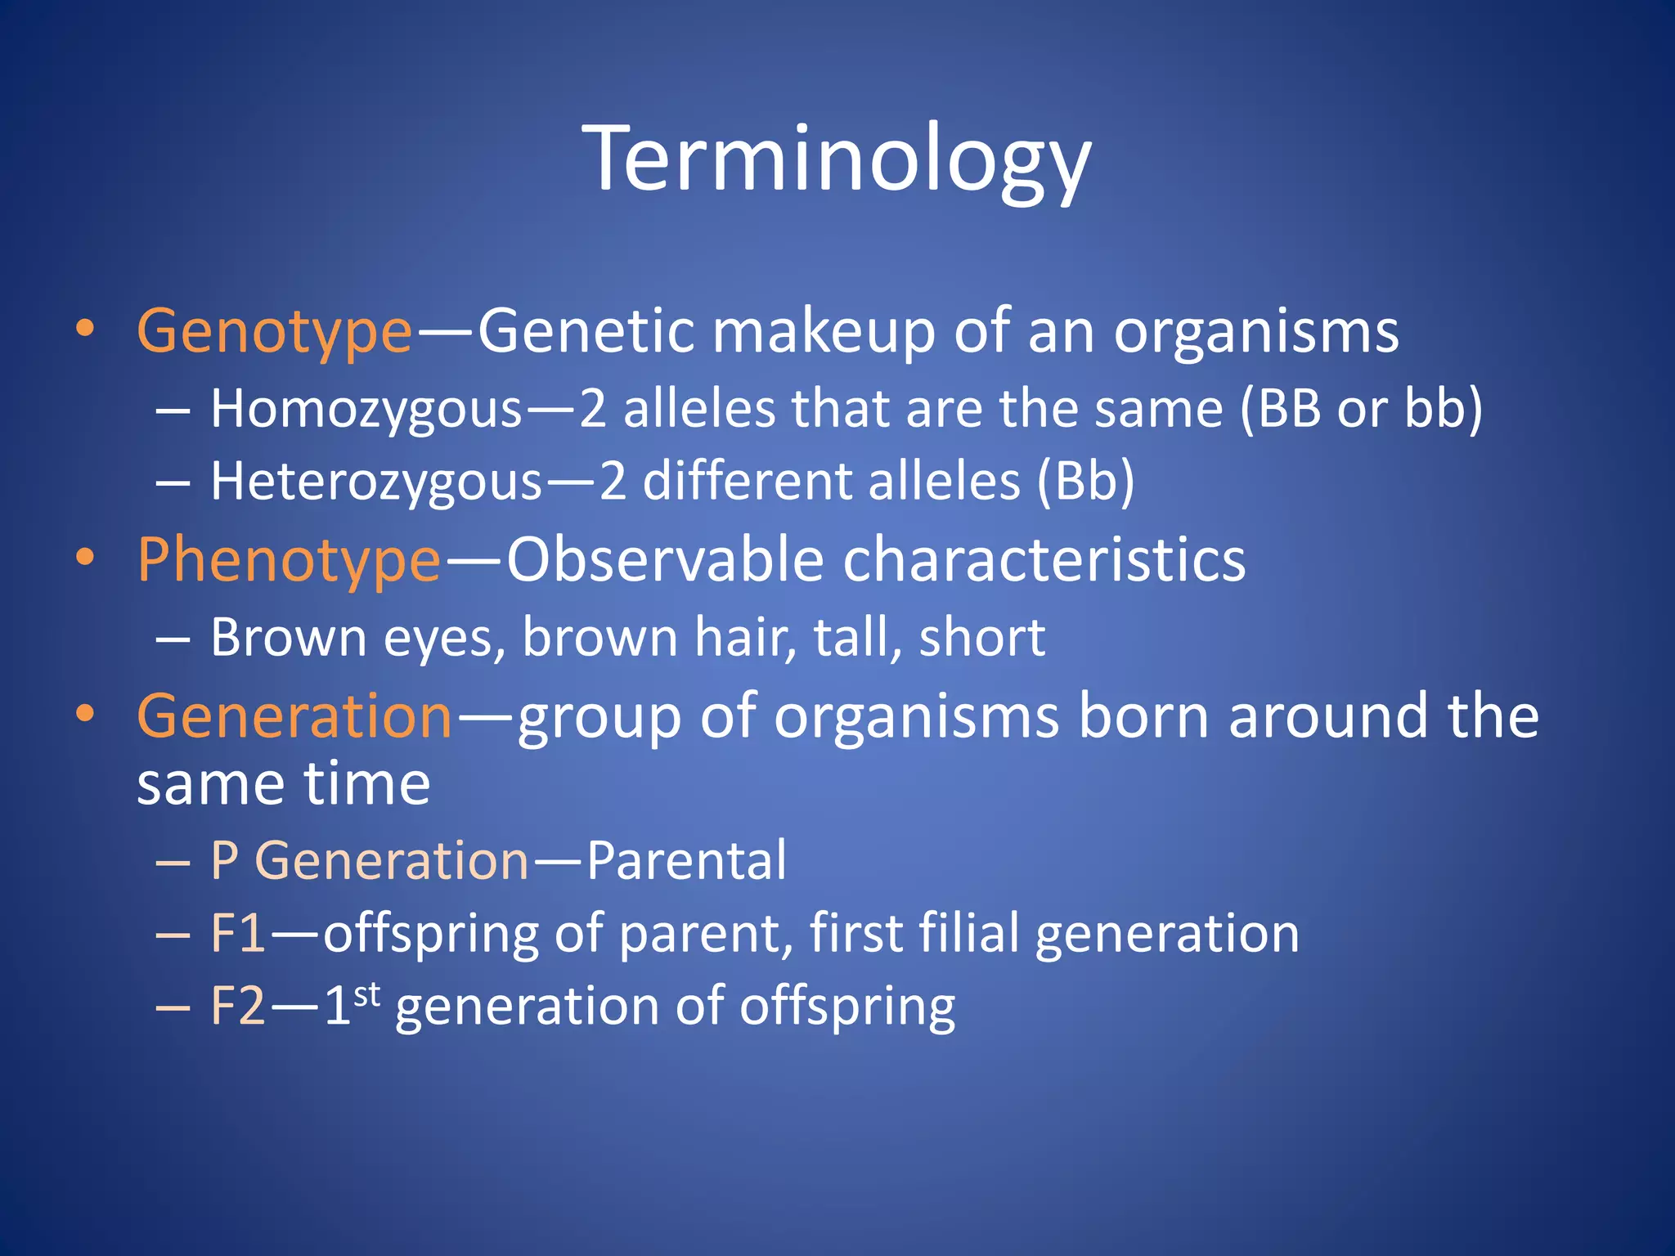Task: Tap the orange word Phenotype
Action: pyautogui.click(x=289, y=562)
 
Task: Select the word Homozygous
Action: pyautogui.click(x=366, y=409)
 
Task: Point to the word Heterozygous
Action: pyautogui.click(x=376, y=482)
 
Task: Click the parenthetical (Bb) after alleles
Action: pyautogui.click(x=1085, y=482)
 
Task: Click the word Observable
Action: pyautogui.click(x=665, y=560)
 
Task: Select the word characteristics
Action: pyautogui.click(x=1044, y=560)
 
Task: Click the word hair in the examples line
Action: pyautogui.click(x=744, y=638)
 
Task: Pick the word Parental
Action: pyautogui.click(x=686, y=861)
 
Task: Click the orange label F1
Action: pyautogui.click(x=237, y=933)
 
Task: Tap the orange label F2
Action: pyautogui.click(x=237, y=1006)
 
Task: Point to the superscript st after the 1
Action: pyautogui.click(x=367, y=994)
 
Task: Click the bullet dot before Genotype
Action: pyautogui.click(x=85, y=329)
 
